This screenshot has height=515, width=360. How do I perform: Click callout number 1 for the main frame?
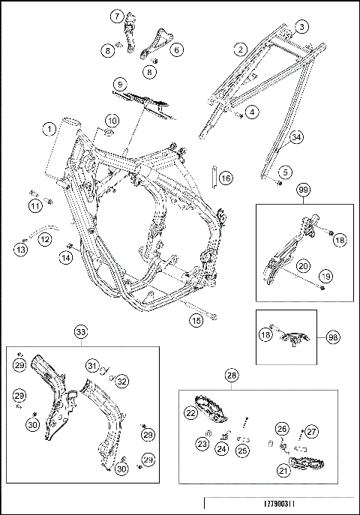click(49, 129)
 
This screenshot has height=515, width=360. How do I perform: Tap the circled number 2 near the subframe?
click(241, 49)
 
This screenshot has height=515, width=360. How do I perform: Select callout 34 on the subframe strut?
click(296, 137)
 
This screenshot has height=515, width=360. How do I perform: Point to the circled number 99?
click(304, 190)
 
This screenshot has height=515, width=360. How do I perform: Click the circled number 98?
click(333, 337)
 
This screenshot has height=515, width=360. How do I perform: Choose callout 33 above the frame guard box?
click(81, 332)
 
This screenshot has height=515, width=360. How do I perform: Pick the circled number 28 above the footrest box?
click(232, 375)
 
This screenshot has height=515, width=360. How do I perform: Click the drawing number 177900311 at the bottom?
click(279, 504)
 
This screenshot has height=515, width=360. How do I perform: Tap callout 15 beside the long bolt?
click(196, 320)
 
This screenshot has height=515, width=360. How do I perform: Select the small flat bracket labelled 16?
click(214, 178)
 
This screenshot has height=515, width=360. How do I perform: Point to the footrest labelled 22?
click(211, 409)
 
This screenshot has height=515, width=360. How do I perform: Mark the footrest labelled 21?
click(306, 464)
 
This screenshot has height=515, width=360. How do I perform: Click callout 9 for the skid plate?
click(120, 85)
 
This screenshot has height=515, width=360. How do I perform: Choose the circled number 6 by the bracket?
click(177, 50)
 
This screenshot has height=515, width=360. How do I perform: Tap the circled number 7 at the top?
click(117, 16)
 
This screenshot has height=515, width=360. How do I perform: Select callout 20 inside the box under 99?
click(303, 265)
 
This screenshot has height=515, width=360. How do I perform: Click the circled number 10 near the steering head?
click(112, 121)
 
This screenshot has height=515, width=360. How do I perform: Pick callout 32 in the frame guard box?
click(121, 382)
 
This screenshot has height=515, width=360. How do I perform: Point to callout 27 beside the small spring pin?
click(311, 431)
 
